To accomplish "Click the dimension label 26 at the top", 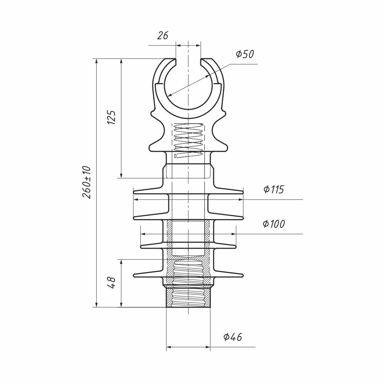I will pos(162,36).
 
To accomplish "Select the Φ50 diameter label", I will pos(245,54).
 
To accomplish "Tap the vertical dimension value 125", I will pos(112,117).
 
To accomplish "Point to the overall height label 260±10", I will pos(87,182).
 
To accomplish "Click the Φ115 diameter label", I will pos(274,189).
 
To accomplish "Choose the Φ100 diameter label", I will pos(274,224).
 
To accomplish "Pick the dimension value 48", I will pos(112,283).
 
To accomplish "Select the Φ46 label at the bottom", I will pos(233,337).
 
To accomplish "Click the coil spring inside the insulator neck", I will pos(188,140).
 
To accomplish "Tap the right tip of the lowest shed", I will pos(243,275).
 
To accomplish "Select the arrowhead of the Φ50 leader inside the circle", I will pos(169,95).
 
